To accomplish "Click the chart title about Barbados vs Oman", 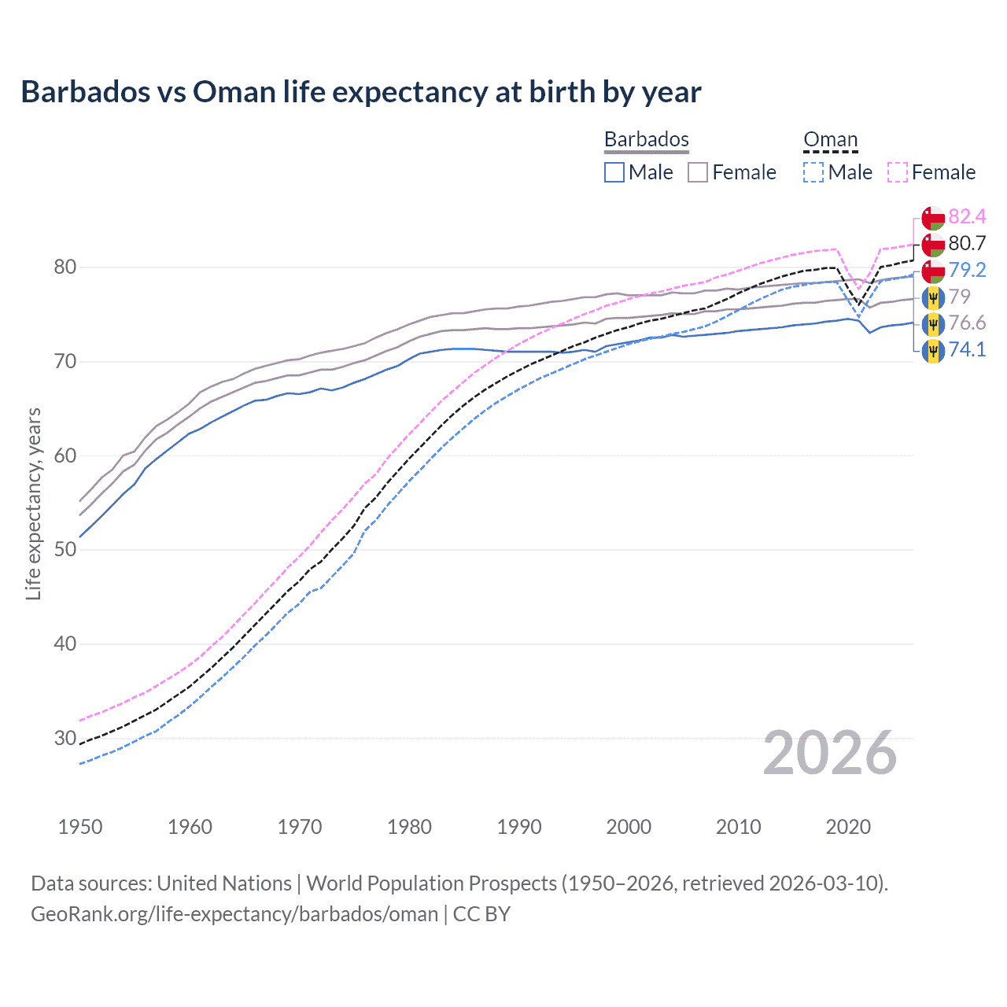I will click(360, 92).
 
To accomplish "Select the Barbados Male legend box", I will click(614, 172).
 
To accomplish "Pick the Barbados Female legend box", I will click(698, 172).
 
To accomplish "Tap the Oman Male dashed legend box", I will click(813, 172).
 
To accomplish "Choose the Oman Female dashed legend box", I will click(898, 172).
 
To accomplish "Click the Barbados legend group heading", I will click(646, 139).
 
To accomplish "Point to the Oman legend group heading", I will click(830, 139).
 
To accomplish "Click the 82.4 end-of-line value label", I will click(967, 216).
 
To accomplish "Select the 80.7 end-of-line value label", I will click(967, 243).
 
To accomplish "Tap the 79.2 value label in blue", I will click(967, 270).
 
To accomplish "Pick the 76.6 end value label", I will click(967, 323).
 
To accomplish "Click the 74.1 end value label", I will click(967, 349).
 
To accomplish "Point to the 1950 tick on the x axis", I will click(80, 827).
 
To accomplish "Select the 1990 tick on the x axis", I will click(519, 827).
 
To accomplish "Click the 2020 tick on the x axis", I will click(848, 827).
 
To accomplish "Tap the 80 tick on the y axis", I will click(65, 267).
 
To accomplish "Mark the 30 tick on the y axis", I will click(65, 738).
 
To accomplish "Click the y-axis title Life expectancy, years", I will click(33, 503).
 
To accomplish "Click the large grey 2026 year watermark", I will click(829, 753).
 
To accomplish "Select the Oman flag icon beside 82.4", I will click(933, 218).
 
